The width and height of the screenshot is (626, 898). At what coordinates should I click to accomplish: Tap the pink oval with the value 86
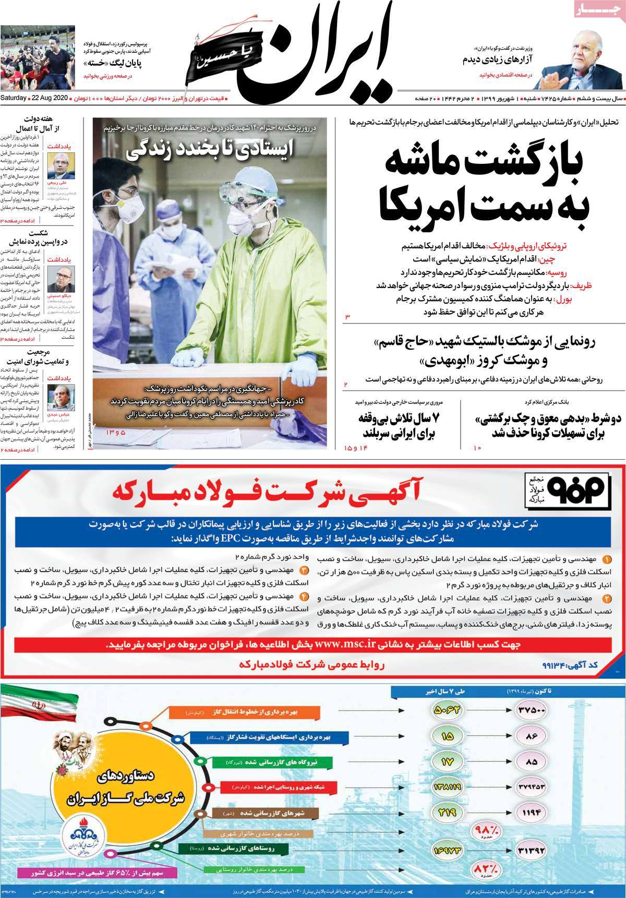click(532, 735)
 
